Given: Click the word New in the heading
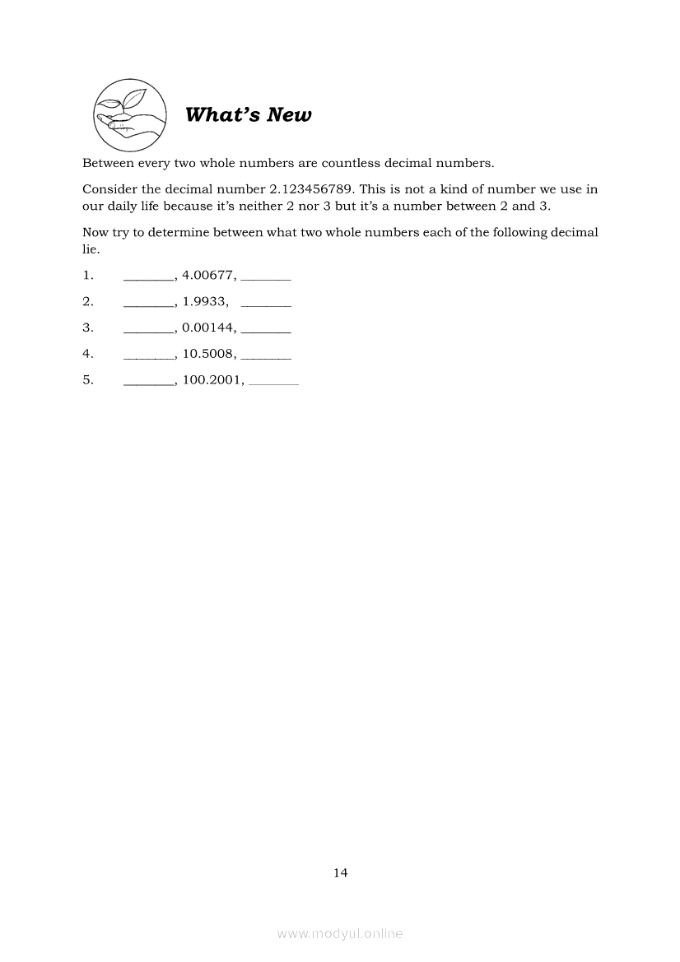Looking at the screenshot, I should coord(289,115).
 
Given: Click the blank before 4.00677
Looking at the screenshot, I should coord(148,278).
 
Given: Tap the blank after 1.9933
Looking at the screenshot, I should coord(267,304).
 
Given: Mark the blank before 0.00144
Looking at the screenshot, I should coord(148,331).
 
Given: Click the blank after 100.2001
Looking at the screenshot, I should coord(273,383).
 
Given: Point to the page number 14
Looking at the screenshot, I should coord(340,873).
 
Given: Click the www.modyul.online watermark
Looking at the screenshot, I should coord(340,933).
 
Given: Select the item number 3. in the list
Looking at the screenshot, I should coord(88,328).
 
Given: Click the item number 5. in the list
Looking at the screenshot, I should coord(88,380).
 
